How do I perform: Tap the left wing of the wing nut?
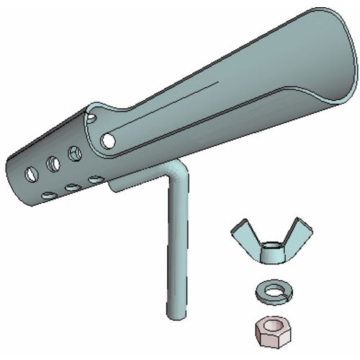click(243, 234)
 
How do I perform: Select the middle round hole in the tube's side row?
click(53, 163)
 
